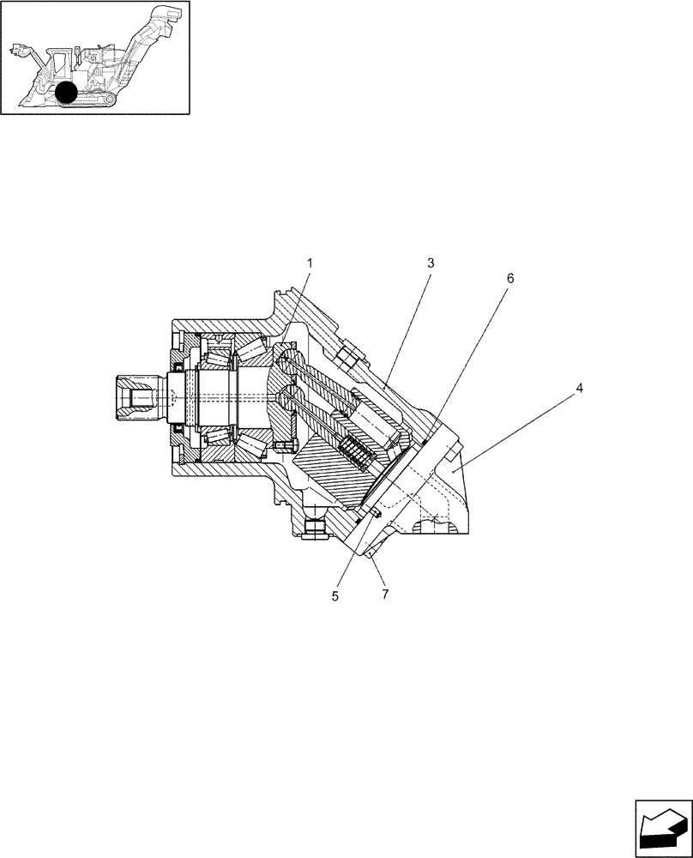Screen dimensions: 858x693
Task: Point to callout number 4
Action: [x=580, y=389]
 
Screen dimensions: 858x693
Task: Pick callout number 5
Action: [x=335, y=595]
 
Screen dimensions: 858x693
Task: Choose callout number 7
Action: [x=385, y=594]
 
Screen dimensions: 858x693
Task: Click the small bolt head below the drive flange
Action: [x=285, y=445]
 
